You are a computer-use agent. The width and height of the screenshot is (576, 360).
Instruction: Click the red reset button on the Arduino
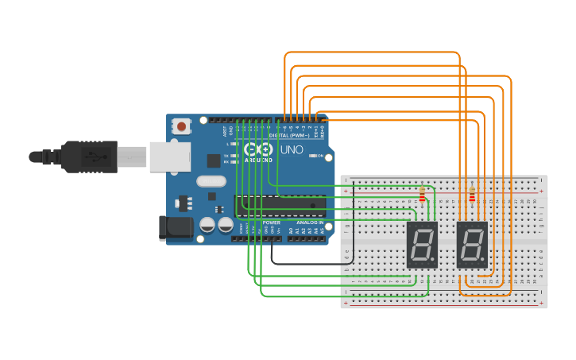182,126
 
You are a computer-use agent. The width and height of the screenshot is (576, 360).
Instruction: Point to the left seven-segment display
422,244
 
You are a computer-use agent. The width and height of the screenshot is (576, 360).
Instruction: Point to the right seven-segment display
472,244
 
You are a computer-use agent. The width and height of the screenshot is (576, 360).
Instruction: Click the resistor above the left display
422,194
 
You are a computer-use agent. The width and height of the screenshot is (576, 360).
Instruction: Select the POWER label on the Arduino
272,223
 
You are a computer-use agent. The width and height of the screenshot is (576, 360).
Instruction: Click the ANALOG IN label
310,223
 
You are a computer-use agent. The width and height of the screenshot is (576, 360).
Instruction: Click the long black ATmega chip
280,206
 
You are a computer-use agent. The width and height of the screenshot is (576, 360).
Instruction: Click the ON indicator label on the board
322,156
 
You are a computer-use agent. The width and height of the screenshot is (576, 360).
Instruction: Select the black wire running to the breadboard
302,262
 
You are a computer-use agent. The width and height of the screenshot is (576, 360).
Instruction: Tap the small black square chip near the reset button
214,160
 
